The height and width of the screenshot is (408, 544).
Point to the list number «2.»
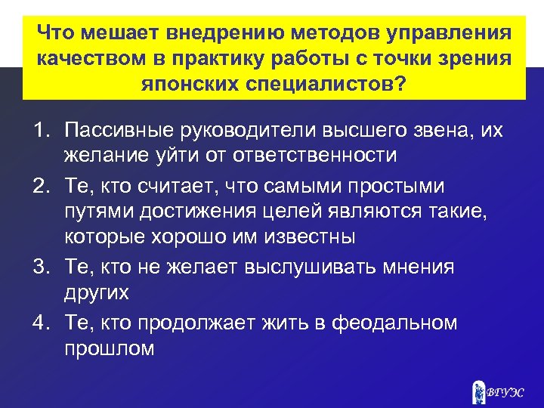42,186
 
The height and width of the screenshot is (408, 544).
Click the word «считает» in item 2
193,186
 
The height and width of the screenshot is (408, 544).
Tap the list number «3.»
42,267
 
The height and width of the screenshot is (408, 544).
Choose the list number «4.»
42,323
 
